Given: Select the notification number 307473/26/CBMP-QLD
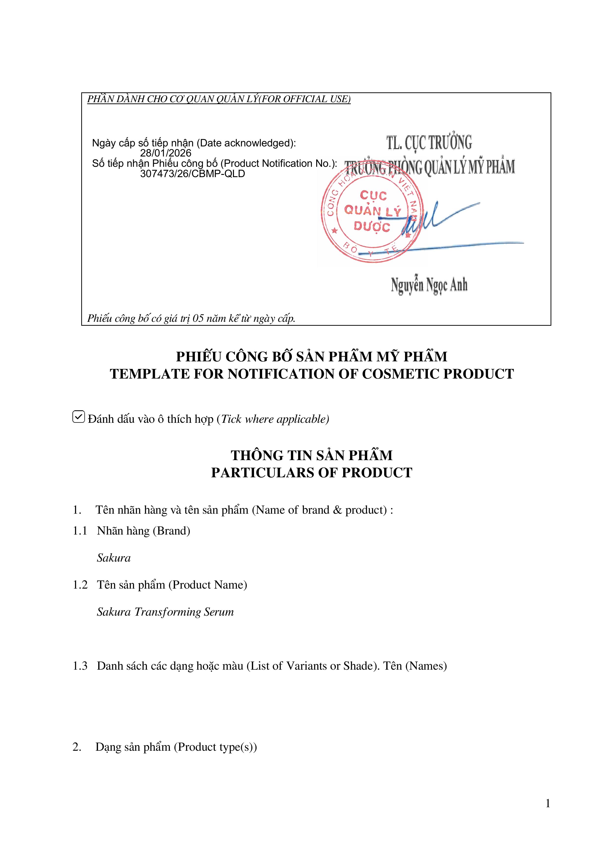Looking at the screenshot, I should pos(192,174).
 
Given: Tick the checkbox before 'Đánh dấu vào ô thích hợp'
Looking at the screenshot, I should pos(78,417).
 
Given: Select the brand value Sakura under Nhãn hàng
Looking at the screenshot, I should pos(114,558).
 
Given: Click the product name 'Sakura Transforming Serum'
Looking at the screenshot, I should pos(165,612).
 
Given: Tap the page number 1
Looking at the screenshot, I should pos(548,804).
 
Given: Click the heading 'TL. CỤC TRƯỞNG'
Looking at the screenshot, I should pos(429,143).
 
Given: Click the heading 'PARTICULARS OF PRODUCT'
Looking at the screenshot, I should pos(311,473).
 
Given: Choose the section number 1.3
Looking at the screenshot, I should pos(80,666).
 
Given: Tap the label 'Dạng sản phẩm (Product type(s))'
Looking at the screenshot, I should pos(176,747).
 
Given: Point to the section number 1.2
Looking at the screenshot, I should pos(80,585).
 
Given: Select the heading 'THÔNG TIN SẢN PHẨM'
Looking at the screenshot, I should pos(311,455).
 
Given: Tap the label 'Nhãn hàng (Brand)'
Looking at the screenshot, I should pos(143,531).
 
